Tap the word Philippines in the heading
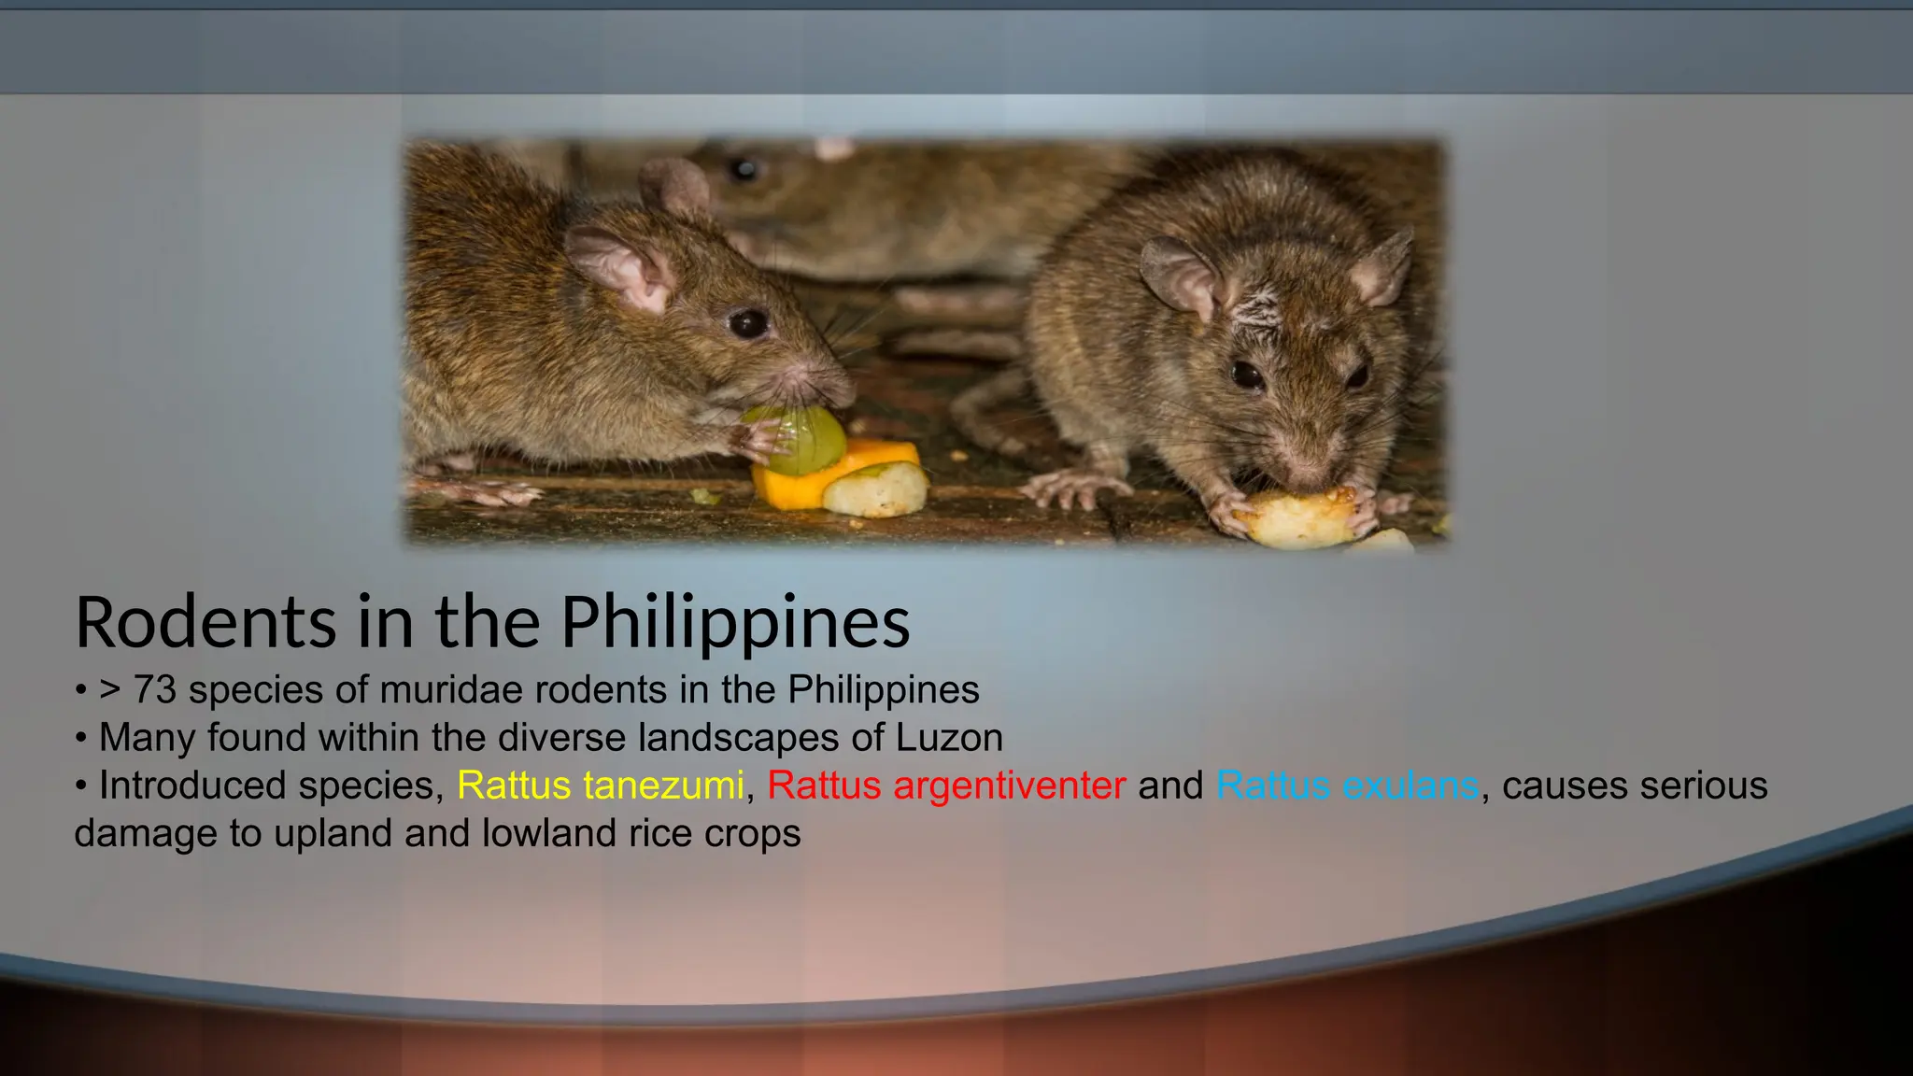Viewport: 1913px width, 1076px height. tap(734, 623)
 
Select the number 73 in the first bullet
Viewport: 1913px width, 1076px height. tap(154, 690)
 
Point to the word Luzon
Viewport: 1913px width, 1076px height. tap(949, 738)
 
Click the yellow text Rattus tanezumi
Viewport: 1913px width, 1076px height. tap(600, 786)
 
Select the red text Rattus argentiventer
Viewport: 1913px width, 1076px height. tap(945, 786)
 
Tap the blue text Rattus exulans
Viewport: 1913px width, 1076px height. tap(1347, 786)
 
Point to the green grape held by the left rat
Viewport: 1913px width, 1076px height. tap(805, 438)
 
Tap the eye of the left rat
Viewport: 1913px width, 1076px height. tap(747, 323)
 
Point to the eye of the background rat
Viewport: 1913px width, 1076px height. tap(744, 169)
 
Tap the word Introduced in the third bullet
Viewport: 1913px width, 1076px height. tap(177, 786)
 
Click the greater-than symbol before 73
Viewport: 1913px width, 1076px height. tap(110, 690)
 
